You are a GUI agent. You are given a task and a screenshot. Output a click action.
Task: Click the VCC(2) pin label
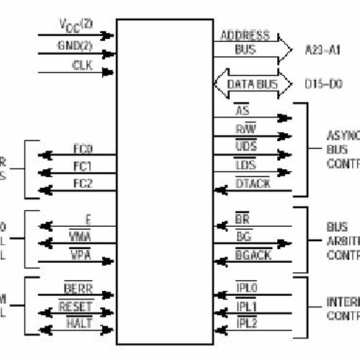tap(75, 24)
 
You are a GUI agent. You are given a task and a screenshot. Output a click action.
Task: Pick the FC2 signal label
tap(82, 184)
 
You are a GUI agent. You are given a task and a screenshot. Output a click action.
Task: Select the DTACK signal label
tap(251, 185)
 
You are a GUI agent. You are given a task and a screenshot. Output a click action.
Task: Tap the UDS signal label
tap(246, 146)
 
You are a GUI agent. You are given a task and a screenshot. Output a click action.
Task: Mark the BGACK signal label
tap(252, 254)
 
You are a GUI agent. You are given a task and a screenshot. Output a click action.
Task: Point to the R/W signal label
tap(246, 127)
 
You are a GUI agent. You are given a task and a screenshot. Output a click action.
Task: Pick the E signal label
tap(87, 220)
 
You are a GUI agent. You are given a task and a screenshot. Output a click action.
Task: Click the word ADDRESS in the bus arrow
tap(245, 35)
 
